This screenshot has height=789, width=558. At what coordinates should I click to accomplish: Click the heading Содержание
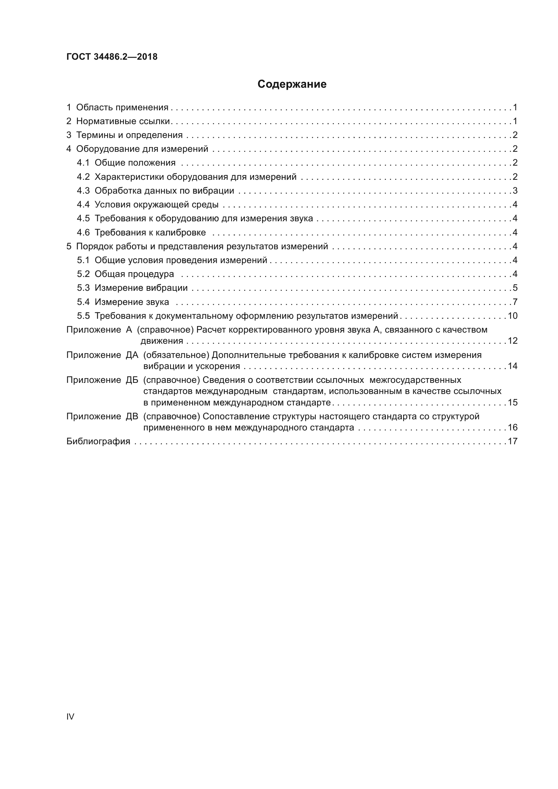point(292,84)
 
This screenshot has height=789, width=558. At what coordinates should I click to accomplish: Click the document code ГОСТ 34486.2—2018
point(112,57)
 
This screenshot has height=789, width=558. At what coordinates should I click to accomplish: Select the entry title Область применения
point(122,108)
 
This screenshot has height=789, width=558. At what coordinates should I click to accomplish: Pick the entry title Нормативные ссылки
point(123,121)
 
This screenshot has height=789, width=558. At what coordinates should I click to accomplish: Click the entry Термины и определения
point(129,135)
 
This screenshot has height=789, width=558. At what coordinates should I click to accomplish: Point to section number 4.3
point(83,191)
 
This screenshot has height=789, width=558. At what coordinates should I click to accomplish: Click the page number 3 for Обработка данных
point(515,191)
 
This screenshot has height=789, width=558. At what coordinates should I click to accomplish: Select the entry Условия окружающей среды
point(156,205)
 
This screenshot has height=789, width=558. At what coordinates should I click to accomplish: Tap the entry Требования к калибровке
point(150,233)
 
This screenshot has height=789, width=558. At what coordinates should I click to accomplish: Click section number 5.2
point(83,274)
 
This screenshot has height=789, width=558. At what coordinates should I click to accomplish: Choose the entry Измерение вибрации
point(141,288)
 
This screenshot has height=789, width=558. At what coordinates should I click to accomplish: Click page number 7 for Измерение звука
point(515,302)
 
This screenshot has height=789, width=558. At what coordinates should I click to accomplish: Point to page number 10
point(512,316)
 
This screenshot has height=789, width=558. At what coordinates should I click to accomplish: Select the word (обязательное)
point(176,355)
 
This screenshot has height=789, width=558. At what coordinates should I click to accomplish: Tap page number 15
point(512,402)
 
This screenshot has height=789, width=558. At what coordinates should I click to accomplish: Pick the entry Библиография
point(98,441)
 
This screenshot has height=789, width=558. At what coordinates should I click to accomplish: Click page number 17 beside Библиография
point(512,441)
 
